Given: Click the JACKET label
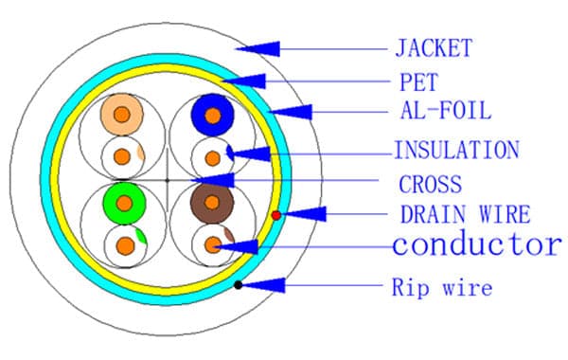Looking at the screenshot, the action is [x=434, y=48].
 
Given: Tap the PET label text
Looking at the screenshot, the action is [x=418, y=81].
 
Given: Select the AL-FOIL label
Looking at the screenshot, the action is [x=446, y=110].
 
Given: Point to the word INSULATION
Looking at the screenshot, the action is [x=457, y=150].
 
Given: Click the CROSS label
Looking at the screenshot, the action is [x=431, y=184].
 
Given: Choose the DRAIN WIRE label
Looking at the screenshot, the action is [x=465, y=214].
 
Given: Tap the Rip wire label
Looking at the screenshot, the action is [x=442, y=287].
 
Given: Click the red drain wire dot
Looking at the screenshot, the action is [x=276, y=215].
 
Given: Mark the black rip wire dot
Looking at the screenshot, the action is [x=238, y=285].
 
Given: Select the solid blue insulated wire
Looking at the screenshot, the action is [x=213, y=115].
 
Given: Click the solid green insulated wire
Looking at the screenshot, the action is [x=124, y=204].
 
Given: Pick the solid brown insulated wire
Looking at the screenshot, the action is [x=212, y=203].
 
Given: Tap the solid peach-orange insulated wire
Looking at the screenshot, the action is [x=122, y=115].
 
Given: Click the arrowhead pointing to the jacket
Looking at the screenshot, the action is [x=257, y=49].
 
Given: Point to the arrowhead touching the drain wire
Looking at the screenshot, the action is [x=304, y=214].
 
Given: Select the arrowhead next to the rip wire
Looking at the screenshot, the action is [x=263, y=285].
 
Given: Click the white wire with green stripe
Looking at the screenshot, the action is [x=125, y=246].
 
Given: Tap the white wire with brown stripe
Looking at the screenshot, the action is [x=213, y=245].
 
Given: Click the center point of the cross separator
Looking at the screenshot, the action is [x=167, y=180].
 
